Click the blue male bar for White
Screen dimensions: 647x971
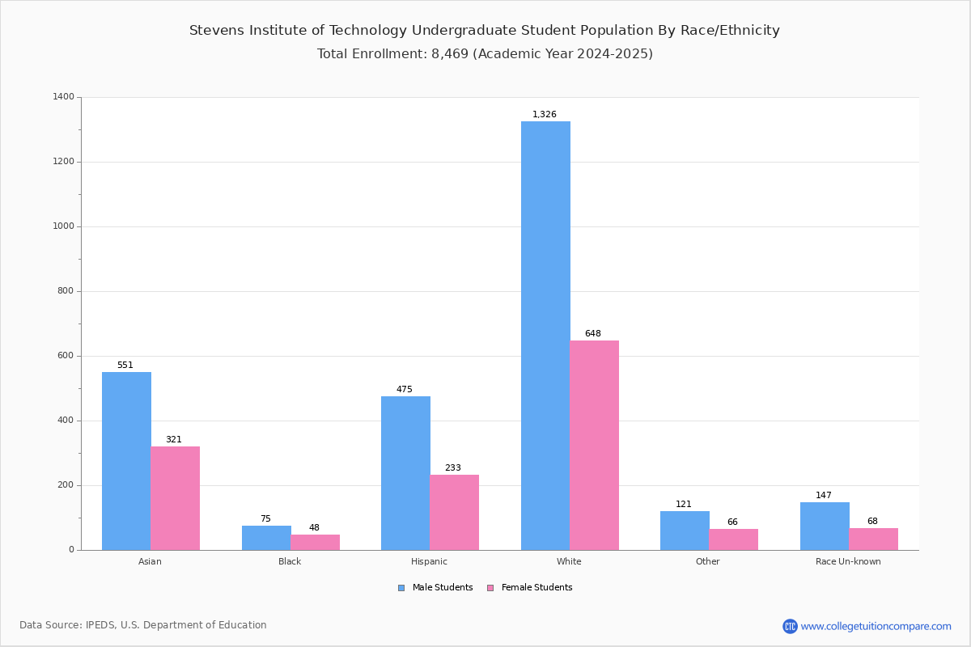tap(545, 336)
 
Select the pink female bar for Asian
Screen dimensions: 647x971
tap(175, 498)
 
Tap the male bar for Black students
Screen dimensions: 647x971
tap(266, 538)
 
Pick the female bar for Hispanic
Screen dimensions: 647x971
tap(454, 512)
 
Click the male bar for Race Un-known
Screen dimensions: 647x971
tap(825, 526)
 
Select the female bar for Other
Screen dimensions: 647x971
tap(733, 539)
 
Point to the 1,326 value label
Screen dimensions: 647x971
tap(544, 115)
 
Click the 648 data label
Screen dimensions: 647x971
tap(593, 333)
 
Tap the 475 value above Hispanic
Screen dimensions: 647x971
tap(404, 389)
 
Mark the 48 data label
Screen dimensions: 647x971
tap(314, 528)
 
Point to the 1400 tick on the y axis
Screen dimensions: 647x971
tap(64, 97)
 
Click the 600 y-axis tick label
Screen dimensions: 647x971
tap(66, 356)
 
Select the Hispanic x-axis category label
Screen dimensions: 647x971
tap(429, 561)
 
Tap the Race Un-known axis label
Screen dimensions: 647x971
tap(848, 561)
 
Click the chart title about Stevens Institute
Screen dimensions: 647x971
tap(485, 31)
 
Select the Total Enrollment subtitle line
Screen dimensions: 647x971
tap(485, 54)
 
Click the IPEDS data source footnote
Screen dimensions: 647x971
tap(143, 625)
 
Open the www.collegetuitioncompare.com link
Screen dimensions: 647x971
tap(876, 626)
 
